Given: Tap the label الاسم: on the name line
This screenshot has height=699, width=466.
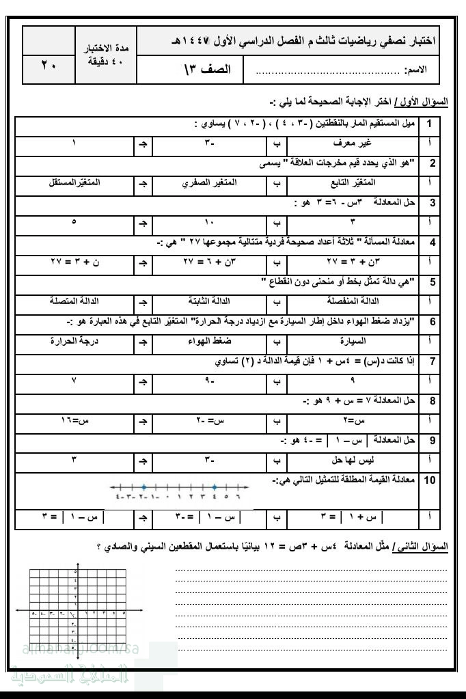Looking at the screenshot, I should point(416,70).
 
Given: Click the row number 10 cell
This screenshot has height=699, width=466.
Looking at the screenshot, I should point(430,480).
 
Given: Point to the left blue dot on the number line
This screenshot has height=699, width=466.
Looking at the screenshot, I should point(143,487).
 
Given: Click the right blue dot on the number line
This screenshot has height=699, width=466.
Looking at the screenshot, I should point(215,487).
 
